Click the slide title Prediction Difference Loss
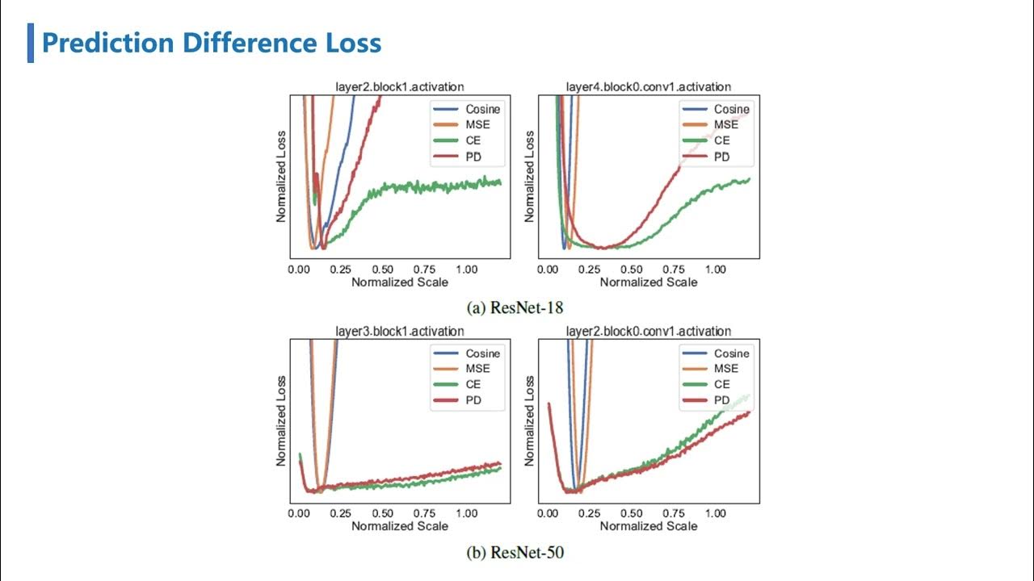point(211,43)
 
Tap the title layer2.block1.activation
point(400,86)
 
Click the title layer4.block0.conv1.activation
point(649,86)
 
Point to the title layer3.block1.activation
point(400,331)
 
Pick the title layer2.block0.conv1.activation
point(649,331)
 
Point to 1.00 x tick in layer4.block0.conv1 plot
point(715,269)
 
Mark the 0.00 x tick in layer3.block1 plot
point(299,513)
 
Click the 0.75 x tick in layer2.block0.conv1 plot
point(673,513)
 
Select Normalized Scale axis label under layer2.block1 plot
point(400,282)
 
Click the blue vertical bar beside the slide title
point(31,43)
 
